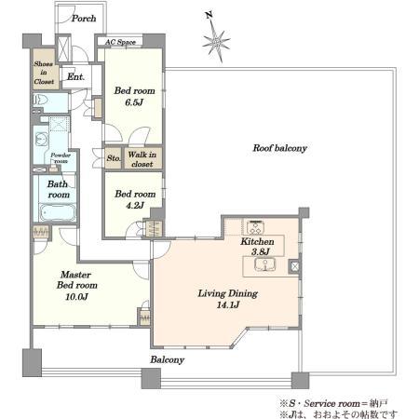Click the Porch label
pyautogui.click(x=84, y=19)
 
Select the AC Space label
pyautogui.click(x=120, y=42)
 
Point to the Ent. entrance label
pyautogui.click(x=75, y=76)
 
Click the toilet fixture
pyautogui.click(x=40, y=100)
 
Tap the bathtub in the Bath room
pyautogui.click(x=58, y=212)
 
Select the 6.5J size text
pyautogui.click(x=134, y=102)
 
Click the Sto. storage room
pyautogui.click(x=113, y=158)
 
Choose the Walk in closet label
pyautogui.click(x=142, y=159)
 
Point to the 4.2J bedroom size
pyautogui.click(x=135, y=206)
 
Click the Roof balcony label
pyautogui.click(x=280, y=148)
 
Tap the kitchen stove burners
pyautogui.click(x=255, y=227)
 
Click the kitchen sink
pyautogui.click(x=264, y=264)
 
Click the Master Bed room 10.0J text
pyautogui.click(x=76, y=286)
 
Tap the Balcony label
pyautogui.click(x=168, y=360)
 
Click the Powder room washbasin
pyautogui.click(x=41, y=139)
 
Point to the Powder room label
pyautogui.click(x=61, y=158)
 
